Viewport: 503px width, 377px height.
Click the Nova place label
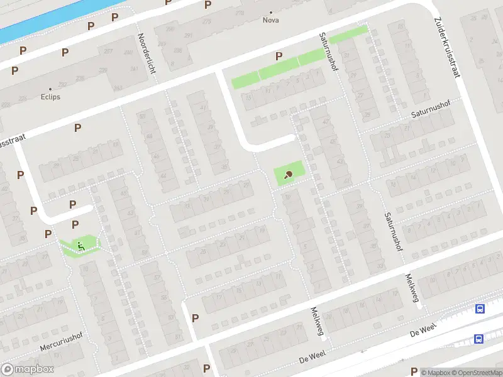271,20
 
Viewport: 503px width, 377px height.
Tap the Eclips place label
51,97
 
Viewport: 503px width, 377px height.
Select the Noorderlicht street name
146,54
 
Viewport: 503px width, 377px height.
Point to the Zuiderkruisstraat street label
447,48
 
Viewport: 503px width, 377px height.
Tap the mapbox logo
28,369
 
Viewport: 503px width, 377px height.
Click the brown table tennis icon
289,175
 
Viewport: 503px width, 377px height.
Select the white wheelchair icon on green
80,244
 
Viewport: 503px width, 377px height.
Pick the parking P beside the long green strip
279,57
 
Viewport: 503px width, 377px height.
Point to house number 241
133,68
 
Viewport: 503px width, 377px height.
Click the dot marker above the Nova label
271,12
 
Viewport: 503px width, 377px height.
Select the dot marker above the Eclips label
51,89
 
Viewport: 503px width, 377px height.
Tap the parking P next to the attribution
414,371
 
